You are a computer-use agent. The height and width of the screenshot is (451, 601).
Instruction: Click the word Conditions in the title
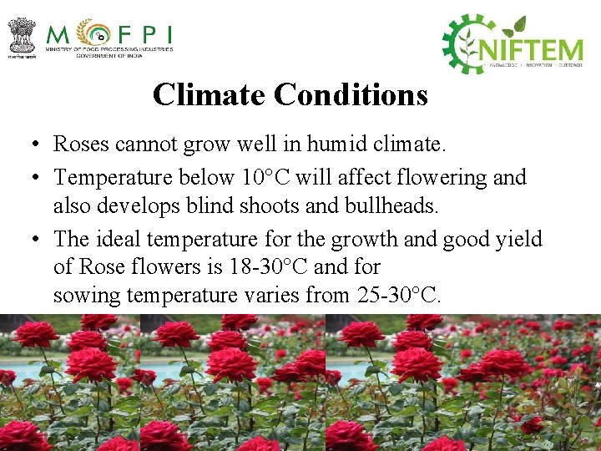[x=351, y=94]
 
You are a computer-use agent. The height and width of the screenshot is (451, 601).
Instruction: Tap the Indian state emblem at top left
[x=21, y=37]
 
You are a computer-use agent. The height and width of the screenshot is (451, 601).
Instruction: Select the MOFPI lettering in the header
[x=109, y=35]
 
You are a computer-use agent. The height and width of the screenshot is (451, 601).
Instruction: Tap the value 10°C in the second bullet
[x=264, y=177]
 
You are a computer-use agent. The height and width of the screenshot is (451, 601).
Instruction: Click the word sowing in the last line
[x=82, y=296]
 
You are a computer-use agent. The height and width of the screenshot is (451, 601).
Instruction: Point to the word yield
[x=518, y=240]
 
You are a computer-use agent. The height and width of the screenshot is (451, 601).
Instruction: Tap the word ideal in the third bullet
[x=118, y=239]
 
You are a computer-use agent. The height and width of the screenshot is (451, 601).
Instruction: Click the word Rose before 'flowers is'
[x=101, y=267]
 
